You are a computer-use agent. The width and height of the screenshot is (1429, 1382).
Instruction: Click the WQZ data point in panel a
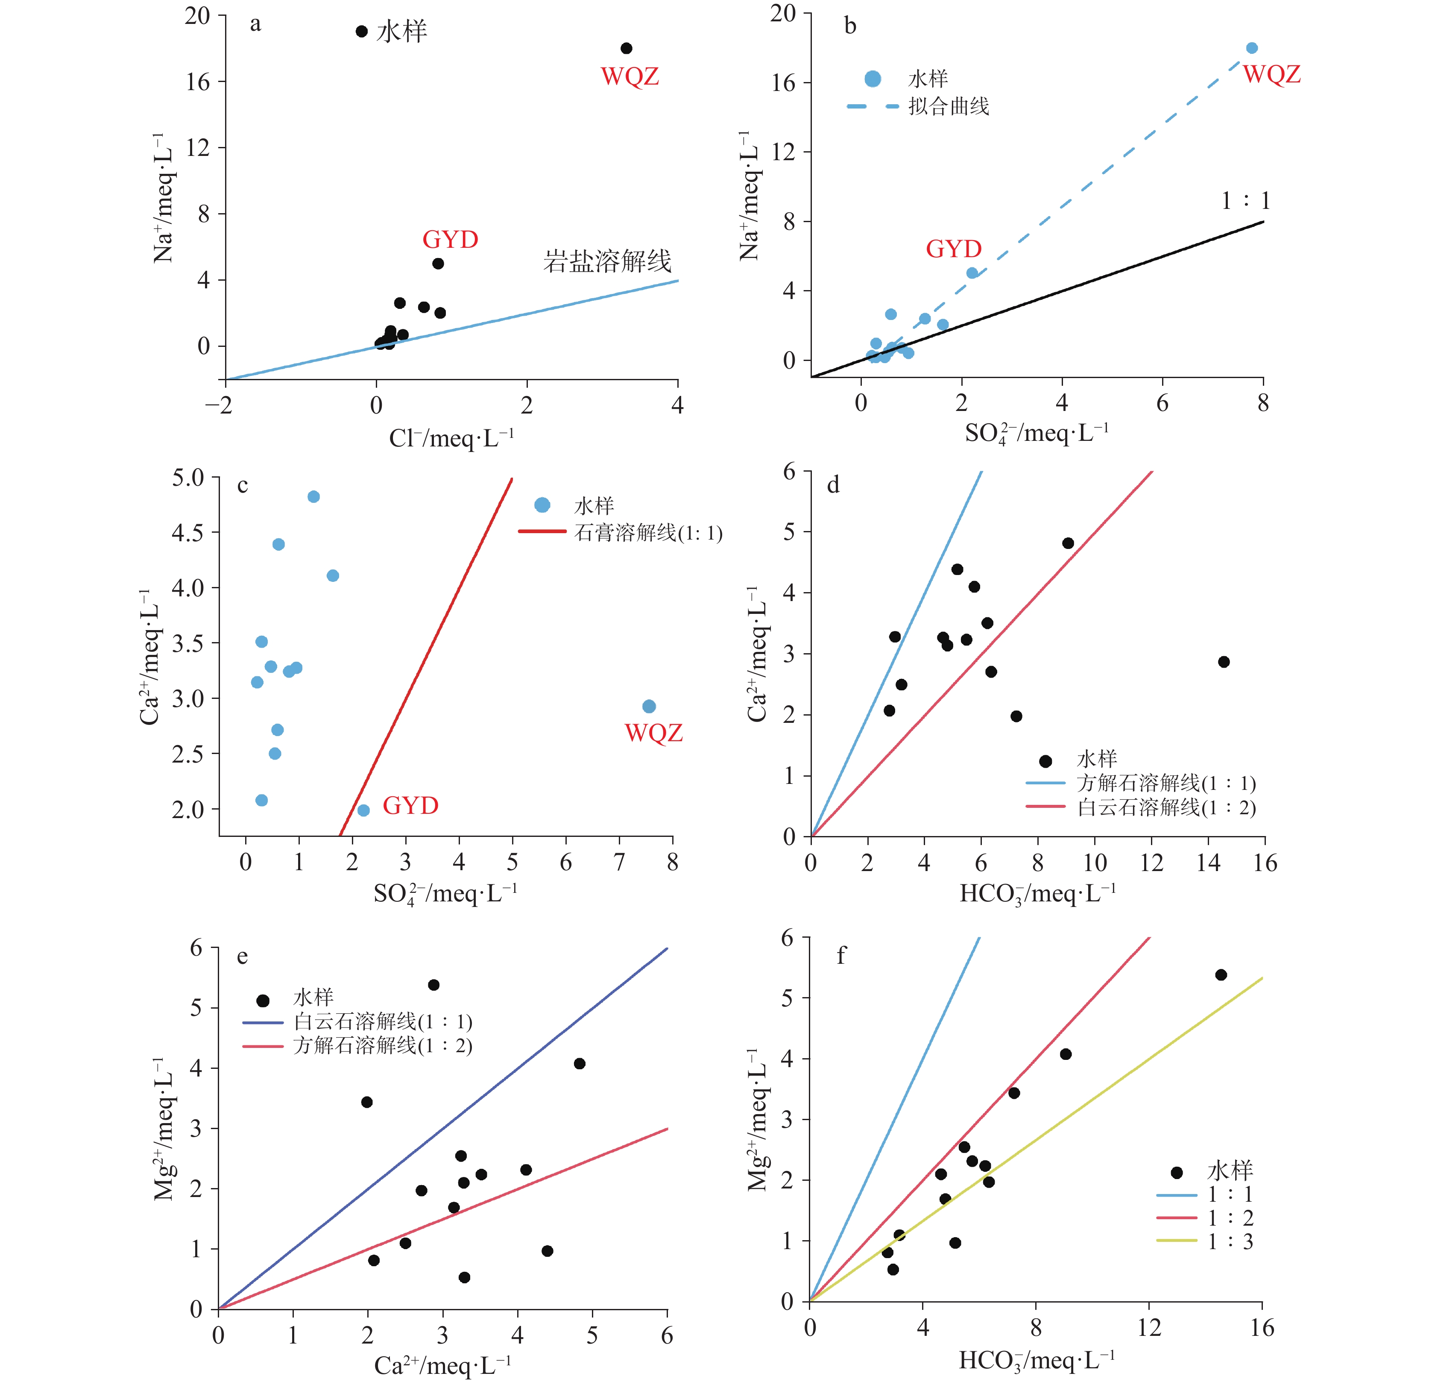(x=626, y=48)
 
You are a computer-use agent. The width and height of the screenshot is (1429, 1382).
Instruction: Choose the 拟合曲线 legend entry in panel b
(x=948, y=106)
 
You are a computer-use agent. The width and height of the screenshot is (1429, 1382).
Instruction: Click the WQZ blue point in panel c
(x=649, y=706)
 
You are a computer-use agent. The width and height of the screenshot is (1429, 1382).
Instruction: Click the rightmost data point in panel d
(x=1224, y=661)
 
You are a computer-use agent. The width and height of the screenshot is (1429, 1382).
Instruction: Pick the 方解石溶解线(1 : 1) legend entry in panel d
(x=1165, y=783)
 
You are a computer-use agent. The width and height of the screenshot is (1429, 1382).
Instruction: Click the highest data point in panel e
(x=433, y=985)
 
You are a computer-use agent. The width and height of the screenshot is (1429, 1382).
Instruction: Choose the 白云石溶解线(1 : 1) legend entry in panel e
(x=382, y=1021)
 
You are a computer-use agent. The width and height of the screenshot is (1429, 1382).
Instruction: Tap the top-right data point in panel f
(x=1221, y=974)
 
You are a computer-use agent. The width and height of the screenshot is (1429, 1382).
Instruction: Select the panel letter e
(x=242, y=956)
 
